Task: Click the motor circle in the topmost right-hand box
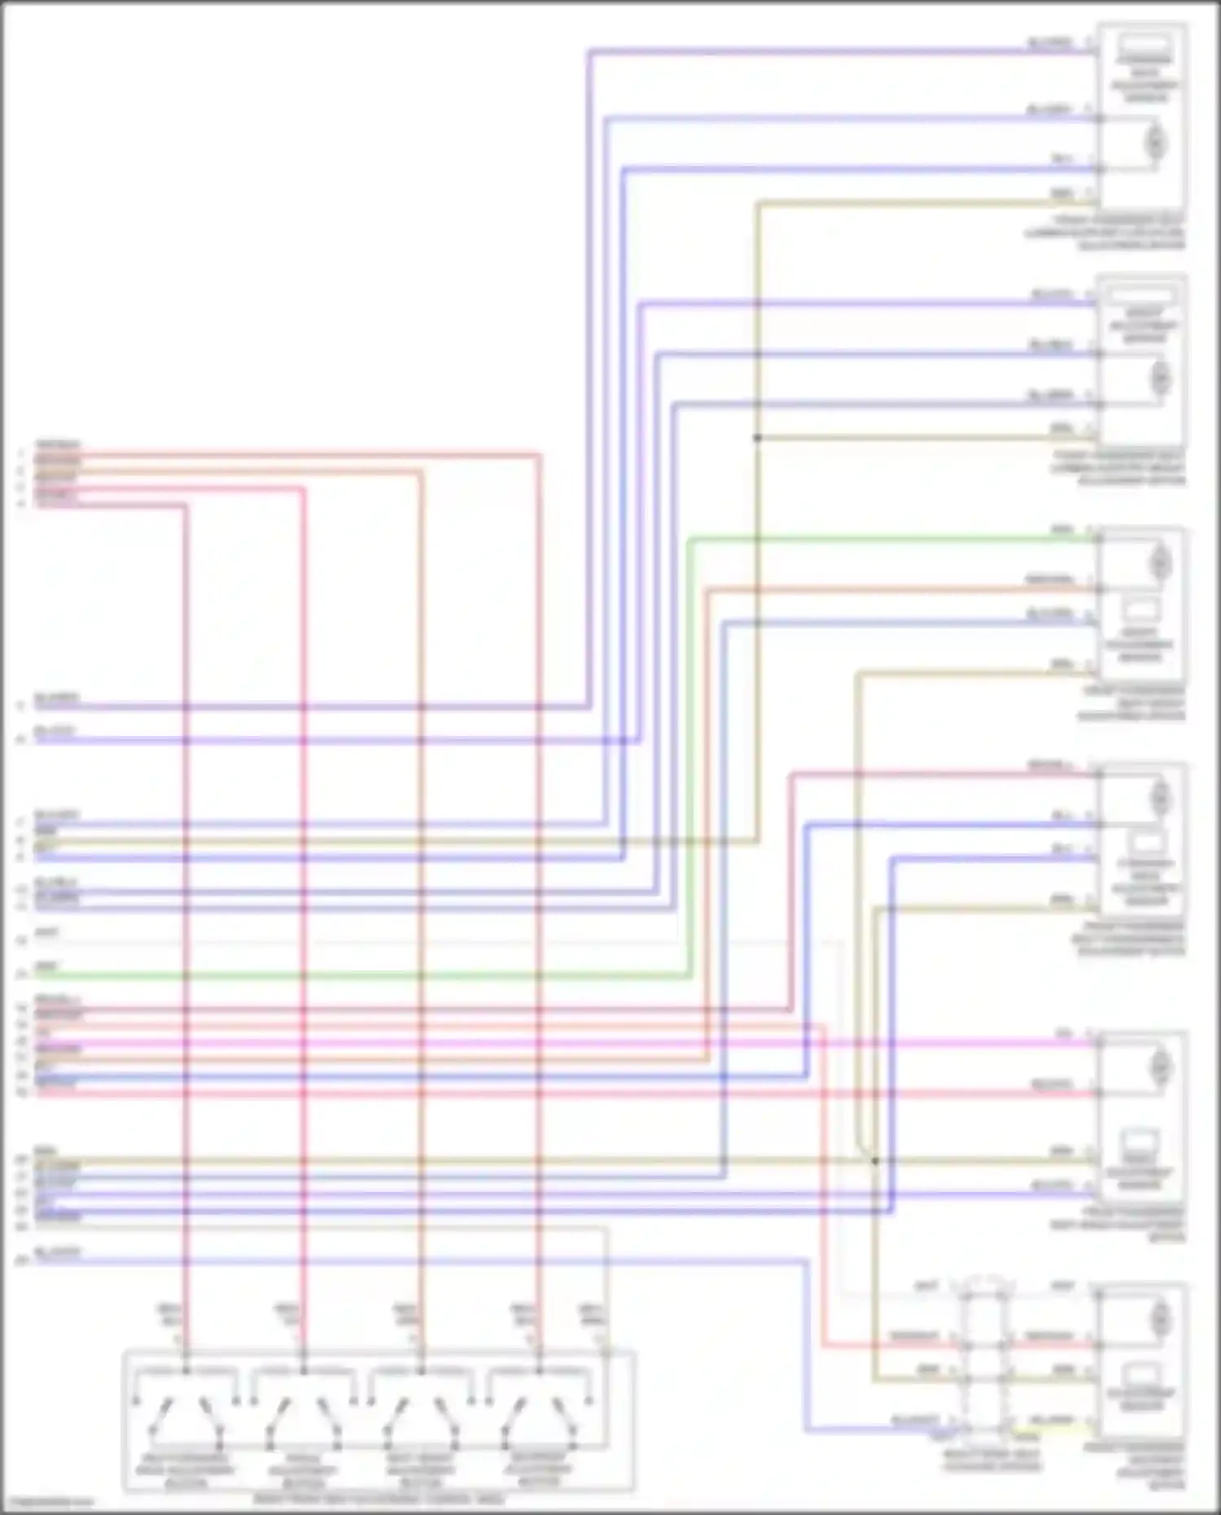[1154, 143]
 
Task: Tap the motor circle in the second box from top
[1159, 379]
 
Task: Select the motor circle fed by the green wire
[1160, 562]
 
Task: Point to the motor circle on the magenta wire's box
[1160, 1066]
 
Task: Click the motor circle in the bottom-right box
[1160, 1317]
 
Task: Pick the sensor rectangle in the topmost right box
[1144, 50]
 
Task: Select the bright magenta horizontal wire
[570, 1043]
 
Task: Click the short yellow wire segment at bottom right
[1050, 1429]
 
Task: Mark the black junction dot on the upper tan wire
[757, 438]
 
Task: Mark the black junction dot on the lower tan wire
[875, 1161]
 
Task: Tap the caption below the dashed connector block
[991, 1460]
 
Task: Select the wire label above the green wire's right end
[1062, 528]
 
